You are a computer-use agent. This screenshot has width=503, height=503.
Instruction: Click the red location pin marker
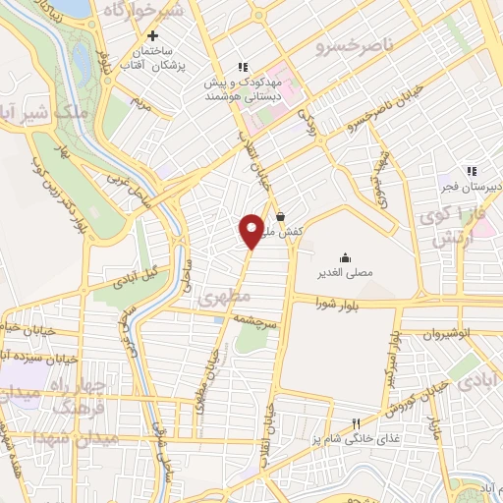point(251,230)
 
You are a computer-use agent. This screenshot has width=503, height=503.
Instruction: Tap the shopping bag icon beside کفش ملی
point(281,217)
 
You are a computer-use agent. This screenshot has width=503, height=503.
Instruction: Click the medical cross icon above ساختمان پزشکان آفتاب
point(152,34)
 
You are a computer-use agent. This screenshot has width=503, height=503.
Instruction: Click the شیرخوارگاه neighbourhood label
point(168,15)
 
